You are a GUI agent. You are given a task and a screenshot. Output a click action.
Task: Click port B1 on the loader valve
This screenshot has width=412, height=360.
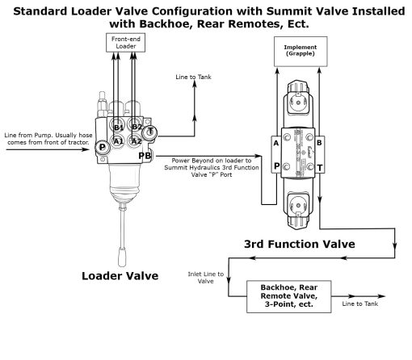(118, 128)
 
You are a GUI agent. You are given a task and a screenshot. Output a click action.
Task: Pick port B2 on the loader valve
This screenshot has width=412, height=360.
(137, 127)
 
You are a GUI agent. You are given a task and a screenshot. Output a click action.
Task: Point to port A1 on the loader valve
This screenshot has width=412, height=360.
(117, 140)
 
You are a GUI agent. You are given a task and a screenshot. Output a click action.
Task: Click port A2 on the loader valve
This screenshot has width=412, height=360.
(137, 140)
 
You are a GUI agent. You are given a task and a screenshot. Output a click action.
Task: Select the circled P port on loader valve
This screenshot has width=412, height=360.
(103, 148)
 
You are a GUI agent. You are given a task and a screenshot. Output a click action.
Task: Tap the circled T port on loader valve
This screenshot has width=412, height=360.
(151, 132)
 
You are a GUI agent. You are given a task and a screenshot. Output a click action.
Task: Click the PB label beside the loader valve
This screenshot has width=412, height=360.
(144, 156)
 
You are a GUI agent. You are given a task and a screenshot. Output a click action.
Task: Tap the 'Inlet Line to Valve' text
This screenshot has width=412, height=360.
(202, 278)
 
